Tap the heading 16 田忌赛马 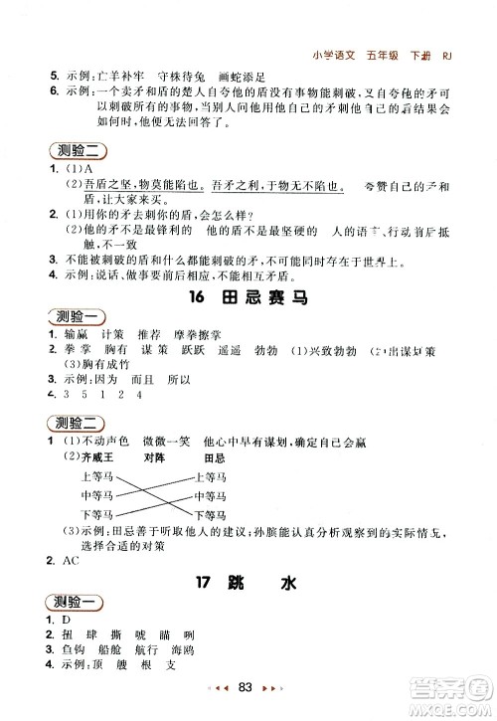(x=248, y=296)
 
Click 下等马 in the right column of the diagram (x=211, y=514)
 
